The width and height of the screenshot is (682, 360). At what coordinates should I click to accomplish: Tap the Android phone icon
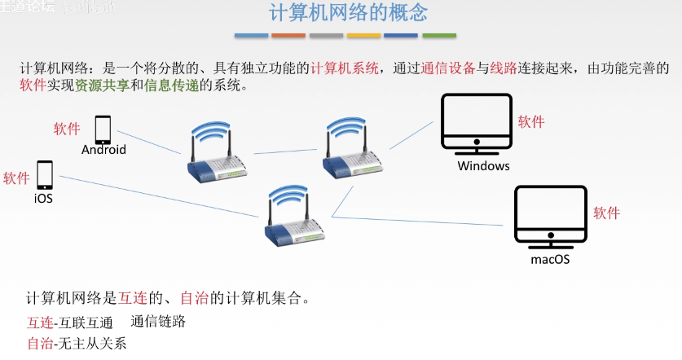[x=103, y=130]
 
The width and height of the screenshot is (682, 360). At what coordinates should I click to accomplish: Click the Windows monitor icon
[x=477, y=125]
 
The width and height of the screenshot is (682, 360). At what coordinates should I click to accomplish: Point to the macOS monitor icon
[x=550, y=217]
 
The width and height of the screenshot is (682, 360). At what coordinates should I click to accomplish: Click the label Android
[x=103, y=150]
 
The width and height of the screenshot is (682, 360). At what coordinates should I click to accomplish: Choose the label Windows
[x=483, y=166]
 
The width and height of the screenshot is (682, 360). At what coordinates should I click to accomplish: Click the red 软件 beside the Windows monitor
[x=531, y=122]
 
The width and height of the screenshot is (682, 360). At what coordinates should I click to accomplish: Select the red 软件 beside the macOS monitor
[x=606, y=213]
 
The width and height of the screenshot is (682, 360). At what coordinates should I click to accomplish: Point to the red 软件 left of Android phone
[x=67, y=129]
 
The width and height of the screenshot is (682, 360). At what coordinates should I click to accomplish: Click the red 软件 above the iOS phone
[x=16, y=178]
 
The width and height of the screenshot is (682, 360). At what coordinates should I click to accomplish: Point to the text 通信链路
[x=158, y=322]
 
